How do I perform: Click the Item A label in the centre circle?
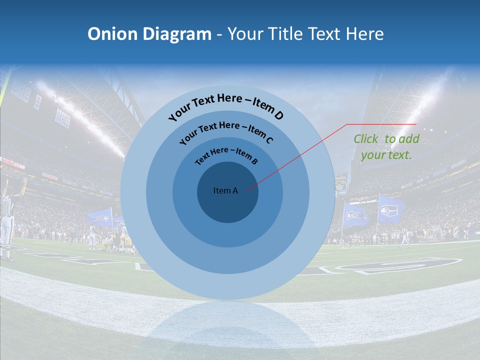click(x=225, y=190)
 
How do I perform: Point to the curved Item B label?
click(x=226, y=154)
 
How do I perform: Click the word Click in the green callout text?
click(x=367, y=139)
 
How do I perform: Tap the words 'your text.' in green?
click(x=386, y=155)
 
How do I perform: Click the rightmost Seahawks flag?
click(x=391, y=209)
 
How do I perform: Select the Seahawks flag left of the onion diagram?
click(x=99, y=217)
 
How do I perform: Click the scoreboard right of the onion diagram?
click(x=341, y=183)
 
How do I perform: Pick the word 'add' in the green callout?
click(x=409, y=139)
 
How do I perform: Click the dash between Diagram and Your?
click(x=219, y=34)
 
